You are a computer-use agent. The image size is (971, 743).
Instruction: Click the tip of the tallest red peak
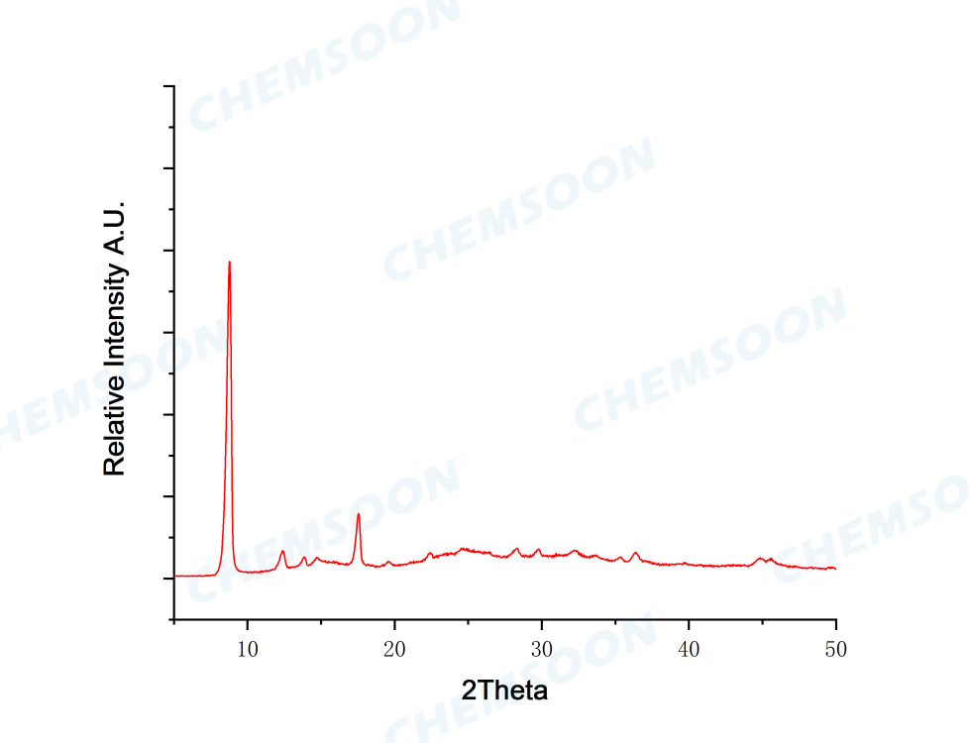(229, 262)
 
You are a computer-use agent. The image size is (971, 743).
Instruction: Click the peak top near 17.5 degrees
(358, 514)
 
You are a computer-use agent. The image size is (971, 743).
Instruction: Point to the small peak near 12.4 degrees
(282, 551)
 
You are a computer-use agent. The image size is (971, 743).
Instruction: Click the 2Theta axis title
(504, 690)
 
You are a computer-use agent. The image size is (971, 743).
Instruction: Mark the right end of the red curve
(835, 569)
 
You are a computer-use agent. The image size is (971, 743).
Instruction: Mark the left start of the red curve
(175, 576)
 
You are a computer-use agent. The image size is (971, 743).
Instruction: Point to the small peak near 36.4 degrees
(635, 554)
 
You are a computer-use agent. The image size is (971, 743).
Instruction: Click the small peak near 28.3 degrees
(516, 549)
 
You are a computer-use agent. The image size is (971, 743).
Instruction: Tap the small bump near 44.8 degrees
(759, 559)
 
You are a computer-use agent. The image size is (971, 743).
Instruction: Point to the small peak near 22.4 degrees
(429, 554)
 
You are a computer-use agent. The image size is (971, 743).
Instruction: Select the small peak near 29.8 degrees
(538, 549)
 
